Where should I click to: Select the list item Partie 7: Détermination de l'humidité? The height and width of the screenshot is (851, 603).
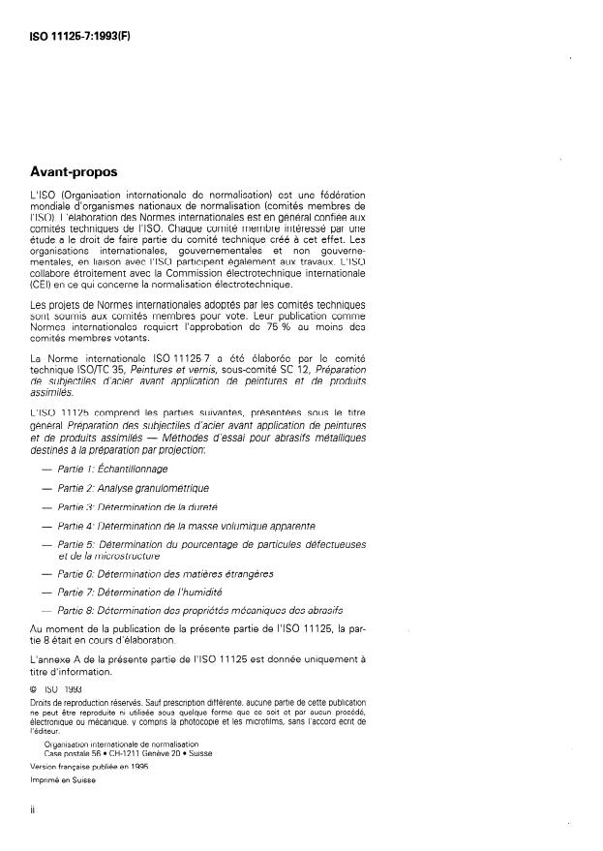pos(140,592)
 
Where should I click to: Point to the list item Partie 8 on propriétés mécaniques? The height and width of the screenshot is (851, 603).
pos(199,611)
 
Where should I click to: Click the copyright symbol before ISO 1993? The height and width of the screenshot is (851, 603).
pos(36,688)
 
